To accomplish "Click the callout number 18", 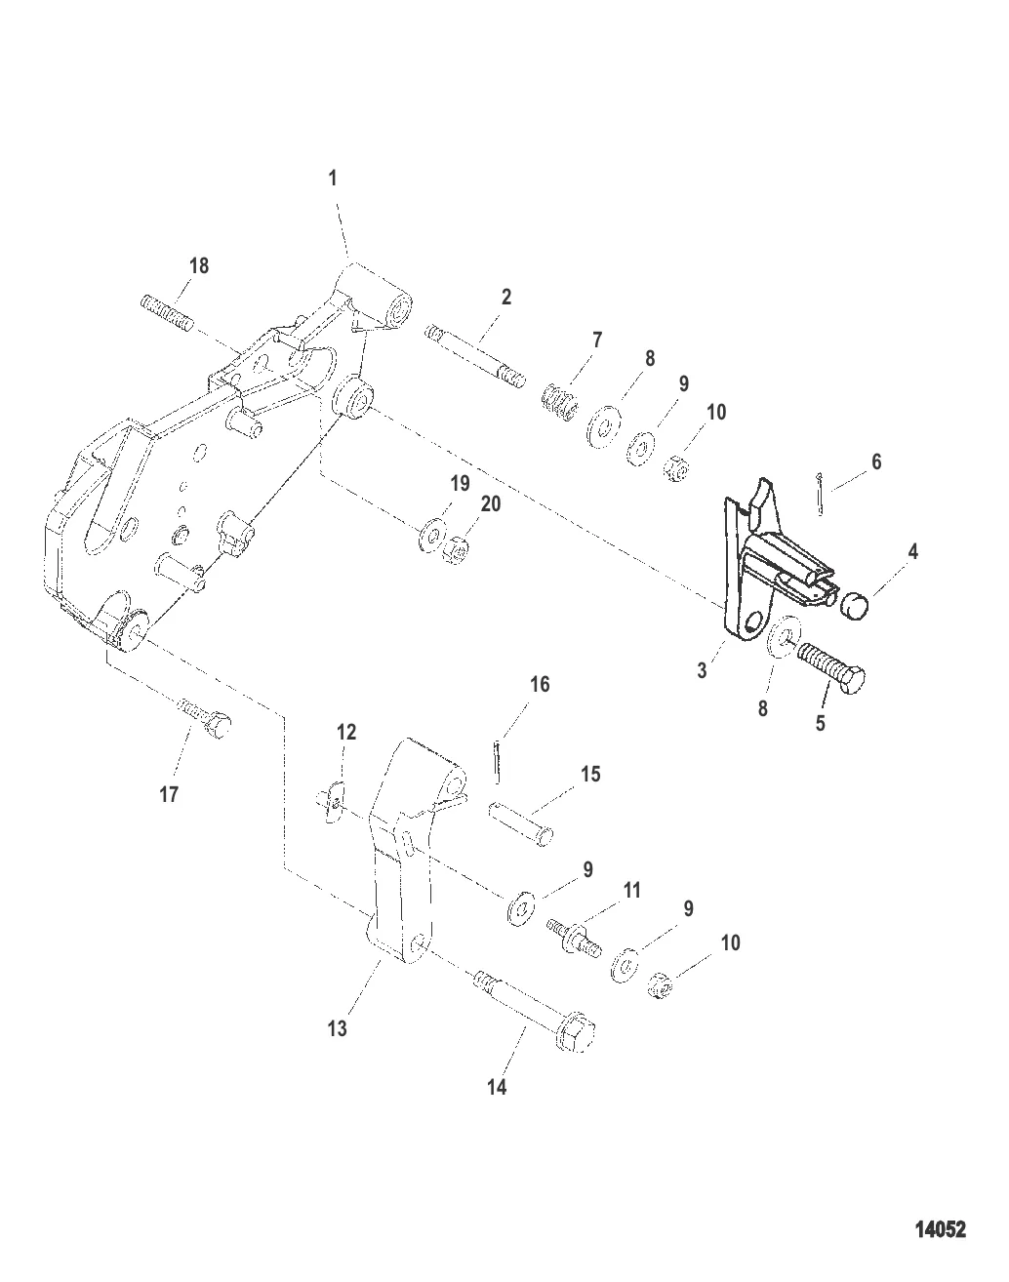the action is point(199,265).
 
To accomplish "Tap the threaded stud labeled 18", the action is point(167,314).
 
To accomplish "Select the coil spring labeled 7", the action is point(560,402).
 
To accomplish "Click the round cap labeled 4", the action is point(854,606).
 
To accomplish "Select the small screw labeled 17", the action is point(204,718).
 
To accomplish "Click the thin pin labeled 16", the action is point(497,761).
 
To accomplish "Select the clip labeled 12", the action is point(334,802).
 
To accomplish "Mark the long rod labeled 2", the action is point(475,356).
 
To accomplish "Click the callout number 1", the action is point(333,178).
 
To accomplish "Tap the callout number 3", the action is point(702,671).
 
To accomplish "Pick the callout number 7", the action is point(597,341).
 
